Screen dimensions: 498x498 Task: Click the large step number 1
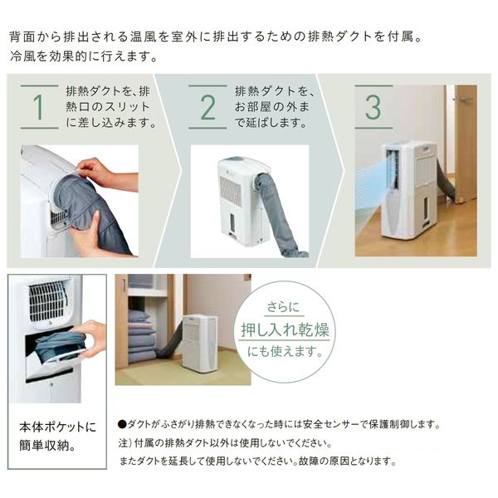(x=38, y=108)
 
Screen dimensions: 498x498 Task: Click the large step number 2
(x=207, y=108)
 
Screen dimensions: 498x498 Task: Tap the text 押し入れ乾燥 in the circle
(x=285, y=328)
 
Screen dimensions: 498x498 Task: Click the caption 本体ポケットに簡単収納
(x=57, y=437)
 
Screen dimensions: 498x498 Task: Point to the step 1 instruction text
(x=108, y=107)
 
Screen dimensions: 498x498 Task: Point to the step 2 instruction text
(x=275, y=107)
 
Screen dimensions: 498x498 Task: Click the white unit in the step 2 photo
(x=236, y=198)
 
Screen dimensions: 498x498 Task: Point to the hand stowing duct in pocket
(x=91, y=336)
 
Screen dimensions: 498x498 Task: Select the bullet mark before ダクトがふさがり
(x=123, y=424)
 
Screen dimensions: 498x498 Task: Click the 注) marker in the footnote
(x=125, y=443)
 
